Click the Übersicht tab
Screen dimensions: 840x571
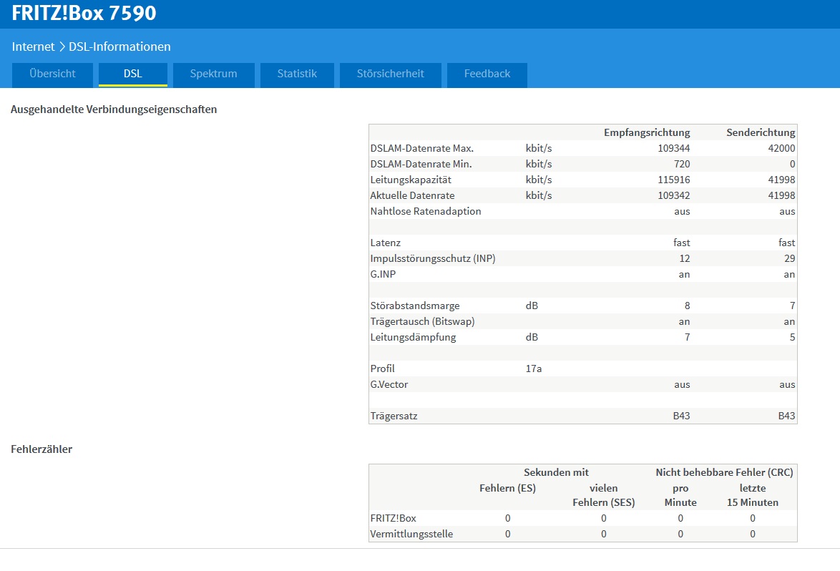pyautogui.click(x=52, y=74)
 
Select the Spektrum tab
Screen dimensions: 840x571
pyautogui.click(x=213, y=74)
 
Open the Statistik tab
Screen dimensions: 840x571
pyautogui.click(x=297, y=74)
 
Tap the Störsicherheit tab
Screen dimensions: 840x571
pyautogui.click(x=390, y=74)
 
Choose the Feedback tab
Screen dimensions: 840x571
pyautogui.click(x=487, y=74)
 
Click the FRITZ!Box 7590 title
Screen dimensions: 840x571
pyautogui.click(x=84, y=13)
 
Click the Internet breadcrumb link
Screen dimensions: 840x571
pyautogui.click(x=33, y=47)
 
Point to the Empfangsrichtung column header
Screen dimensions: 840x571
pyautogui.click(x=647, y=132)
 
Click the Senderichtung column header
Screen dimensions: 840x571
pyautogui.click(x=761, y=132)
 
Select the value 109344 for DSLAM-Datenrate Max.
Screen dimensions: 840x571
pyautogui.click(x=674, y=148)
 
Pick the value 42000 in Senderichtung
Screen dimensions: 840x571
pyautogui.click(x=781, y=148)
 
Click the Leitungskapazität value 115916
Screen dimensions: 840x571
pyautogui.click(x=674, y=180)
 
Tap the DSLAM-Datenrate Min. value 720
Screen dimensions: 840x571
pyautogui.click(x=682, y=164)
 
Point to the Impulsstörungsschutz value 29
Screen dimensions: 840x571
pyautogui.click(x=790, y=259)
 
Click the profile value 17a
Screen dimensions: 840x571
pyautogui.click(x=534, y=369)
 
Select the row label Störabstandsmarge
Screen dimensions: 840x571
pyautogui.click(x=415, y=306)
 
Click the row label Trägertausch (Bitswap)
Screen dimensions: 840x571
pyautogui.click(x=422, y=321)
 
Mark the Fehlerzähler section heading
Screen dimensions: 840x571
pyautogui.click(x=41, y=449)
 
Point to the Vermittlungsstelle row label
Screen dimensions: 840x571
pyautogui.click(x=411, y=534)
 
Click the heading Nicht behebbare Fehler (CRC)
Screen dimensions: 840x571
pyautogui.click(x=724, y=472)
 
